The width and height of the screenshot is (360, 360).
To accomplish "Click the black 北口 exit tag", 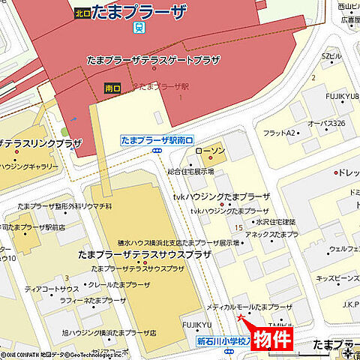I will (82, 13).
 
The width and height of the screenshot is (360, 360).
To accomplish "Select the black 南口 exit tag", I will (112, 88).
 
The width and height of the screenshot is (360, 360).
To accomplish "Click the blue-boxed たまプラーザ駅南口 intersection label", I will (157, 140).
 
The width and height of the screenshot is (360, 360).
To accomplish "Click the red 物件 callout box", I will (271, 338).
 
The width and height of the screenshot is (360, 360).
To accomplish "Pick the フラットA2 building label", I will (279, 133).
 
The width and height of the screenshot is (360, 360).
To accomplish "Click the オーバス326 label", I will (325, 123).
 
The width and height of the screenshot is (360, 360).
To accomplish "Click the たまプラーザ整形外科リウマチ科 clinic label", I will (64, 205).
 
